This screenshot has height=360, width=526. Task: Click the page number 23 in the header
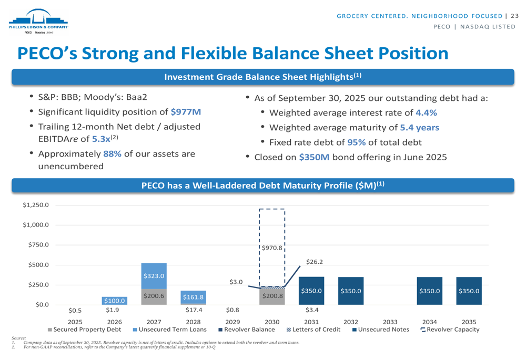point(514,16)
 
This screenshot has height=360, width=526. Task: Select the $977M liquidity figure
point(186,112)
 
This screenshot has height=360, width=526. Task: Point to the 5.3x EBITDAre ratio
point(100,139)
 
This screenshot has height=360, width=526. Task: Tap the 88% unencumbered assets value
point(112,154)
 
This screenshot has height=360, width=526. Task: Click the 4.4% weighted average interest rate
point(426,112)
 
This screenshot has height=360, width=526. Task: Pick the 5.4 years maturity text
point(419,127)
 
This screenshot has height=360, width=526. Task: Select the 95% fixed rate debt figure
point(356,142)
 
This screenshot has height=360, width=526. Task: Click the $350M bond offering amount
point(314,157)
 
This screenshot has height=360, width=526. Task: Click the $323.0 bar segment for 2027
point(154,275)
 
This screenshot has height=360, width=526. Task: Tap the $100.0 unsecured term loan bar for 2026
point(115,301)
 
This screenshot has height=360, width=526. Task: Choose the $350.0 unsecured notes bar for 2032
point(350,291)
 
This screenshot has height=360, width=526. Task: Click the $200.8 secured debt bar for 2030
point(272,296)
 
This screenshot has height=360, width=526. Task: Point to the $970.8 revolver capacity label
point(272,247)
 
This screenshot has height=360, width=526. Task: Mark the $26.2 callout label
point(314,261)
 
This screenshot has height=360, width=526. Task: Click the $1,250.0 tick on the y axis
point(36,205)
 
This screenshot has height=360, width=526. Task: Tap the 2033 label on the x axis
point(390,322)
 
